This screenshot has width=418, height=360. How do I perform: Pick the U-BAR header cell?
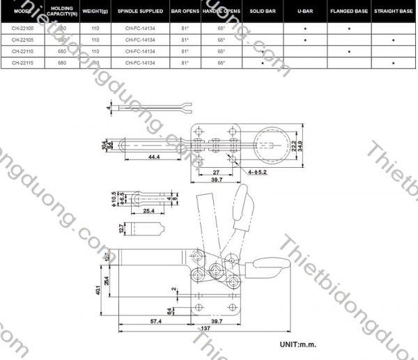[x=304, y=12]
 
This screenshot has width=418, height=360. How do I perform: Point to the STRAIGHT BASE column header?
[x=394, y=12]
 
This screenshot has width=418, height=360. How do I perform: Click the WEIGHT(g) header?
[x=95, y=12]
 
